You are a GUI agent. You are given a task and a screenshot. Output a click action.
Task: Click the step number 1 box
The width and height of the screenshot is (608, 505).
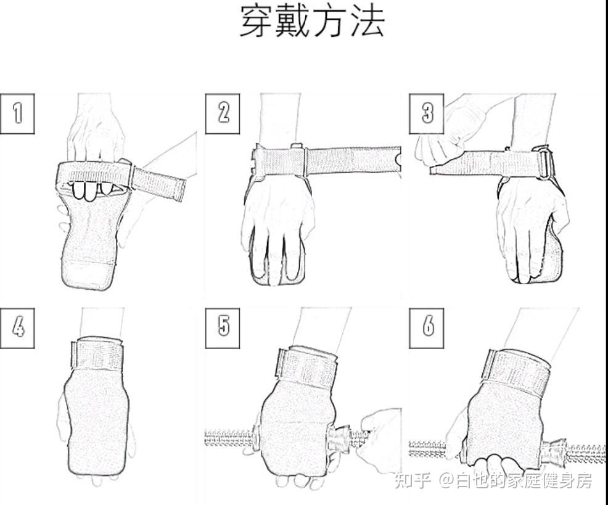(x=17, y=113)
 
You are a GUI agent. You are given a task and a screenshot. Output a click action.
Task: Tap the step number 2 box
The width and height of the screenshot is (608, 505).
(x=223, y=113)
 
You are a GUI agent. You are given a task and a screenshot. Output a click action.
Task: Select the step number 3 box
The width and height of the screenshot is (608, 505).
(x=427, y=113)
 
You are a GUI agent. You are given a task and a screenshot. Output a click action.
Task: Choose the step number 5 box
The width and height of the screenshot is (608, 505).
(x=223, y=326)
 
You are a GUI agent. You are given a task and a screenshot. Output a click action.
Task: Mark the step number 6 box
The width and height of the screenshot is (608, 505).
(x=427, y=326)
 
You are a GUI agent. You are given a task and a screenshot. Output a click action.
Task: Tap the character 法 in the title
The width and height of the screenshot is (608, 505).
(x=367, y=22)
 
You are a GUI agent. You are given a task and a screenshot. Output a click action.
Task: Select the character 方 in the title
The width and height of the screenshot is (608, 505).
(x=331, y=22)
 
